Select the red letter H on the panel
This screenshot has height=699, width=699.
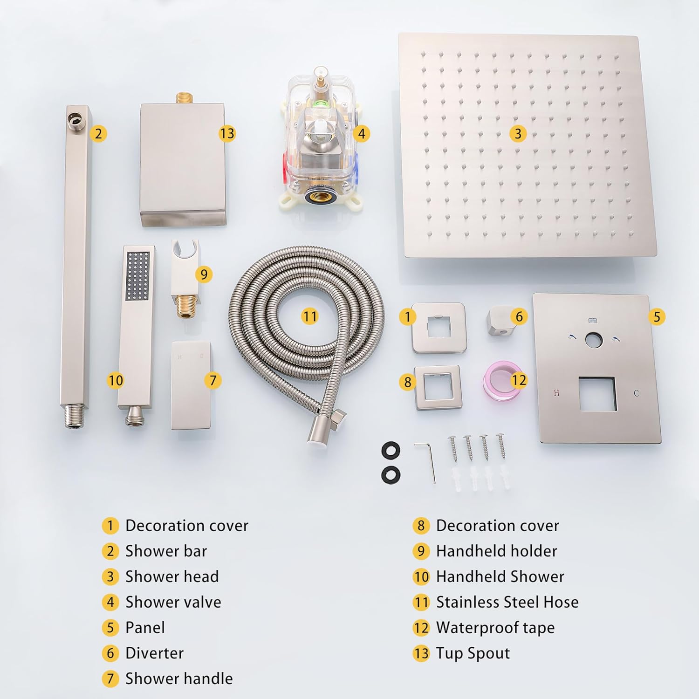tap(556, 393)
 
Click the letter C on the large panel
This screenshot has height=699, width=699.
tap(636, 393)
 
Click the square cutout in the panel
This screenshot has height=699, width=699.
tap(598, 394)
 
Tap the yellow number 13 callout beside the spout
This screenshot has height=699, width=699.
tap(227, 134)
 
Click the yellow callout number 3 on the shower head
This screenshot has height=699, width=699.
tap(518, 134)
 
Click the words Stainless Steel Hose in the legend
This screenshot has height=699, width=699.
tap(507, 602)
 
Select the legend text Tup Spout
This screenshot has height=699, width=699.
tap(473, 653)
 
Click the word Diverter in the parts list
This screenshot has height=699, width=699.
tap(155, 653)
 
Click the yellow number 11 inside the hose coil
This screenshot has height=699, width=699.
tap(309, 316)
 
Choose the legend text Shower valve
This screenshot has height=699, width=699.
tap(173, 602)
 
